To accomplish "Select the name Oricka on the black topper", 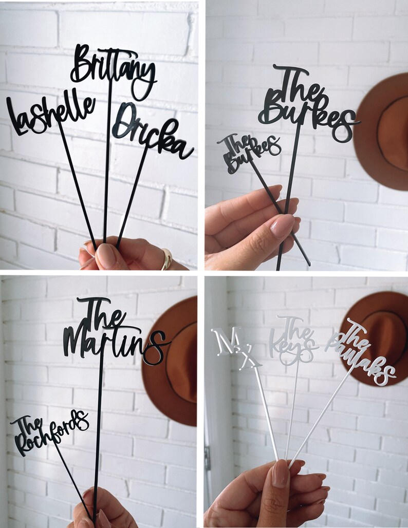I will click(x=153, y=133).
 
